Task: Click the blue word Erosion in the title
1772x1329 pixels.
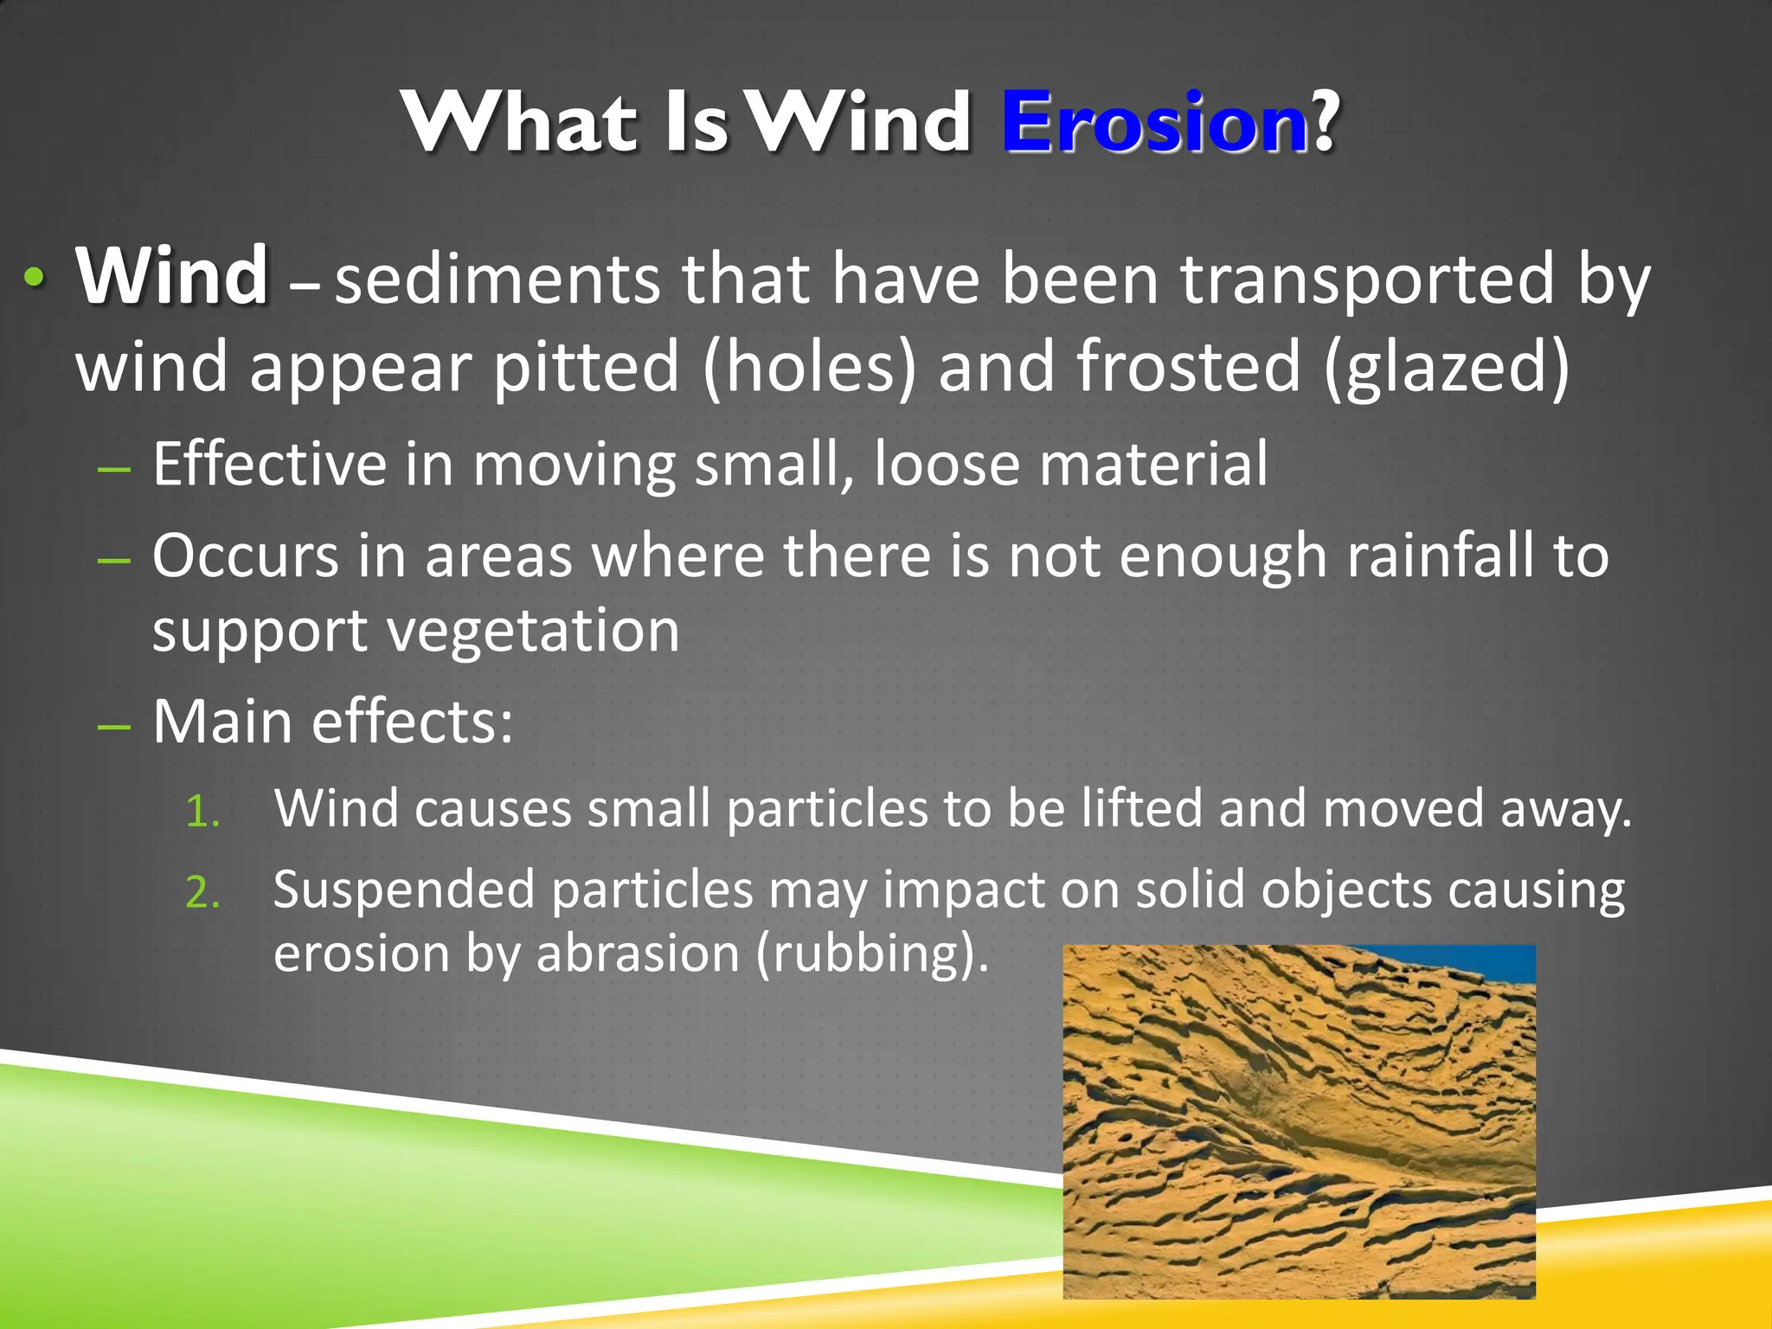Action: point(1154,123)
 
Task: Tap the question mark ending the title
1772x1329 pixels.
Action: point(1325,123)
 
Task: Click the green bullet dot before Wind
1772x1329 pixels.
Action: point(33,278)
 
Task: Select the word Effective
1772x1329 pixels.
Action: point(269,465)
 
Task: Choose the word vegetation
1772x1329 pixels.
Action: point(533,631)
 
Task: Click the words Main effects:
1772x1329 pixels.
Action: point(333,722)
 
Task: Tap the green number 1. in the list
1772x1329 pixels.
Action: point(203,812)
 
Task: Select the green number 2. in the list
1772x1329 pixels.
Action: point(203,893)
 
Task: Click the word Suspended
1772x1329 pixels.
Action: point(404,890)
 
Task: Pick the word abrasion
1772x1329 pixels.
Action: point(637,954)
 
